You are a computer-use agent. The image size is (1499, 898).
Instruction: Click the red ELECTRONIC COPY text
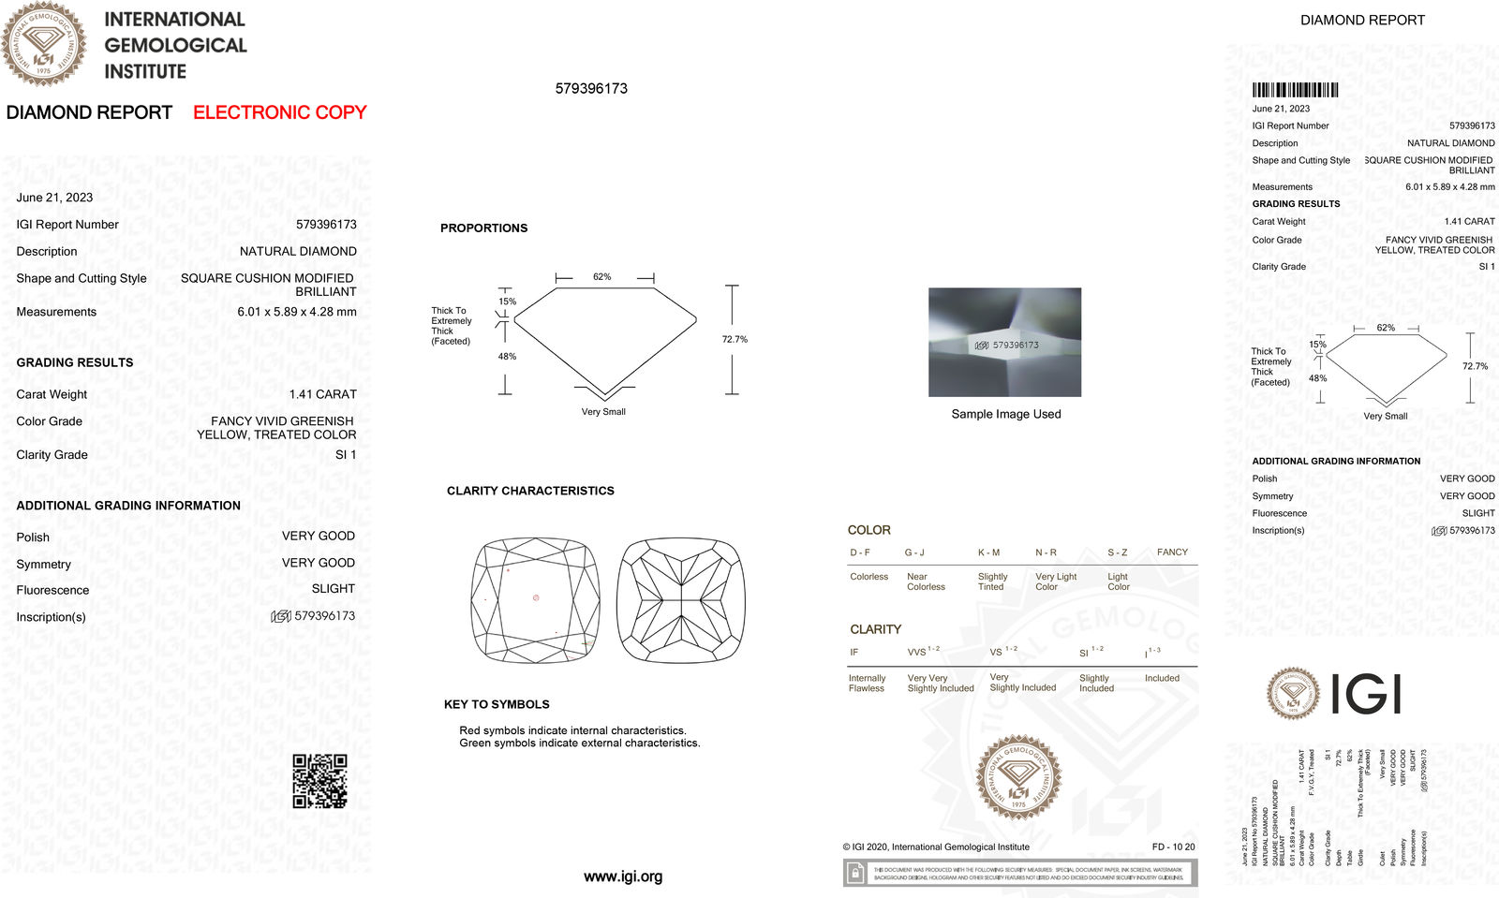(279, 112)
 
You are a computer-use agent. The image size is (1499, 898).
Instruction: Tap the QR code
(319, 781)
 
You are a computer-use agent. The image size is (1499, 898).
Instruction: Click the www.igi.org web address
(623, 876)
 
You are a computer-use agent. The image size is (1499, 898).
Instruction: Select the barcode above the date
(1295, 90)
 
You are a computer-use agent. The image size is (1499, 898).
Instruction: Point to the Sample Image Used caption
(1006, 414)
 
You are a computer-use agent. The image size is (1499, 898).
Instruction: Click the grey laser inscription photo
(1004, 342)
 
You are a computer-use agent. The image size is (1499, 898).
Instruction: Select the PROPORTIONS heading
(483, 228)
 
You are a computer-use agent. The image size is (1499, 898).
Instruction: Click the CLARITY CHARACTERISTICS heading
(530, 491)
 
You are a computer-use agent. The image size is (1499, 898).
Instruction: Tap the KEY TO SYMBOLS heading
(497, 704)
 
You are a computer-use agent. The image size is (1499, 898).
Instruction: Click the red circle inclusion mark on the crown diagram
(536, 597)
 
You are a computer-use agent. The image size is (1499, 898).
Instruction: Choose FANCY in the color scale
(1172, 552)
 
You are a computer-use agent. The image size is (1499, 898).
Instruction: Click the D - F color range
(860, 552)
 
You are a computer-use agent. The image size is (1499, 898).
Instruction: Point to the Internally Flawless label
(867, 683)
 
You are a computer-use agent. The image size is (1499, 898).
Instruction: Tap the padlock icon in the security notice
(855, 873)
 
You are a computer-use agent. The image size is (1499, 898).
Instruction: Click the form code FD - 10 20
(1173, 846)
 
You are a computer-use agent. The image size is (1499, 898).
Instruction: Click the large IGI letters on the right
(1365, 694)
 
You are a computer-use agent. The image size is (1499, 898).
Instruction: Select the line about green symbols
(579, 743)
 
